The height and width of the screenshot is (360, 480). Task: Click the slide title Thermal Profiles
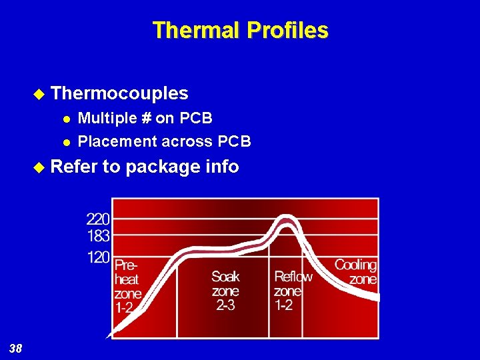pos(240,31)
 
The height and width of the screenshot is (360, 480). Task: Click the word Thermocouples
pos(119,93)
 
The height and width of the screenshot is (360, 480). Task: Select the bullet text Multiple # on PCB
pos(145,118)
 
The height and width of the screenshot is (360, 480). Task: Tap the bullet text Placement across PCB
pos(165,141)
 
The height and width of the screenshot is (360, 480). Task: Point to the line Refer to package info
pos(145,166)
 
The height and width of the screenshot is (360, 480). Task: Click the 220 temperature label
pos(98,218)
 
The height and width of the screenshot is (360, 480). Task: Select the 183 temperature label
pos(98,235)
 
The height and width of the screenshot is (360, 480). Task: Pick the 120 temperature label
pos(98,257)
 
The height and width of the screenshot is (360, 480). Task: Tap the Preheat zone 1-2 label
pos(128,286)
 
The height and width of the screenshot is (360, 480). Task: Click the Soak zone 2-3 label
pos(225,290)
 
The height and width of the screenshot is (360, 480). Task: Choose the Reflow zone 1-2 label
pos(292,290)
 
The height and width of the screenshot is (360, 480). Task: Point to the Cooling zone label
pos(355,272)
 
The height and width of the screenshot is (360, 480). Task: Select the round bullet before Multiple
pos(65,119)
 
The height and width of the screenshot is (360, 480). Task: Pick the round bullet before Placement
pos(65,142)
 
